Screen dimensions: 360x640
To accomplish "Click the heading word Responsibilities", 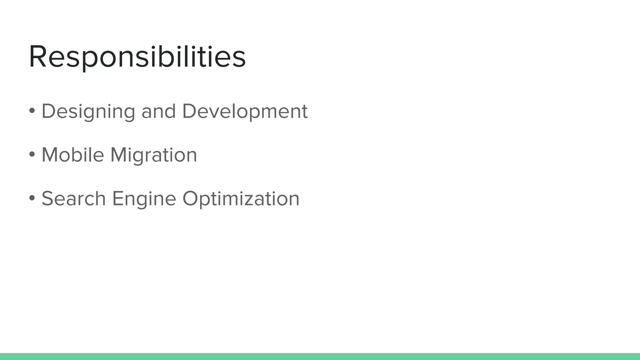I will pos(137,57).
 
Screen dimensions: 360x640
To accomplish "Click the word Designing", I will pos(88,112).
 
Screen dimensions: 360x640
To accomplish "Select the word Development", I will pos(245,112).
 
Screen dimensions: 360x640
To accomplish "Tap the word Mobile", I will pos(73,155).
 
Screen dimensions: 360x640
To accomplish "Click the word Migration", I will pos(154,155).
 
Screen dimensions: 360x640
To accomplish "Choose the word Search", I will pos(74,198).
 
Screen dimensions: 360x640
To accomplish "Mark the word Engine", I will pos(144,199).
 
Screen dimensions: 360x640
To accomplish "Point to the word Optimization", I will pos(241,199).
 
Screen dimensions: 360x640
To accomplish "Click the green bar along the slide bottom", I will pos(320,357).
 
